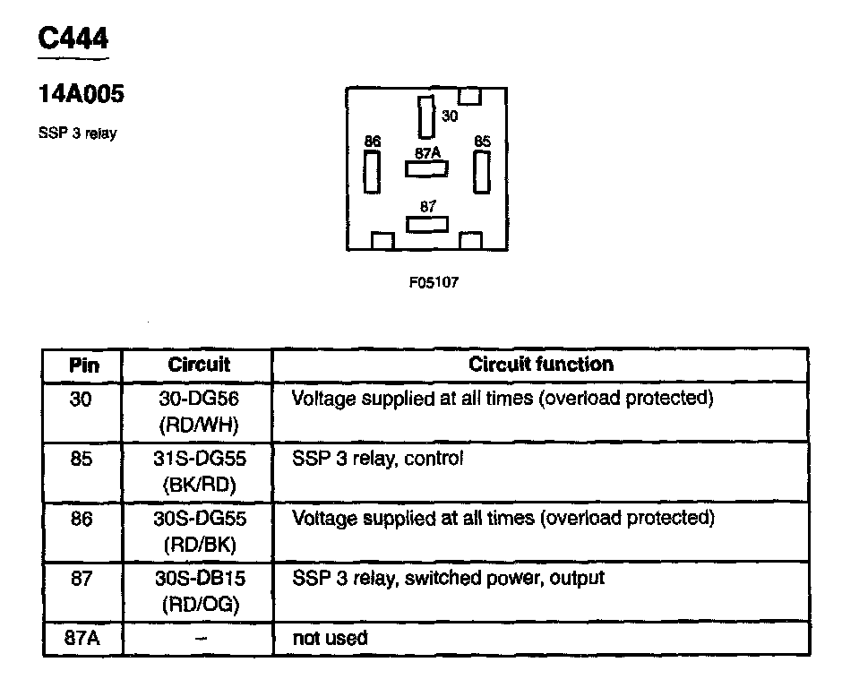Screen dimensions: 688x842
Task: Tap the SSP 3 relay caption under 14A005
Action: coord(77,133)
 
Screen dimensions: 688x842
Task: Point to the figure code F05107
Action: coord(434,282)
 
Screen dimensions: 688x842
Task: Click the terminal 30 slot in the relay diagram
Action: coord(425,116)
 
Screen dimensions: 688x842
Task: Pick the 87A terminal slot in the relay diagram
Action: coord(426,168)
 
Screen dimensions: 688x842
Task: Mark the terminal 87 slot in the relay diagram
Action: coord(426,223)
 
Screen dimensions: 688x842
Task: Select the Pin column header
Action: coord(83,365)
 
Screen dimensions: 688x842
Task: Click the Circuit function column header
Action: coord(541,365)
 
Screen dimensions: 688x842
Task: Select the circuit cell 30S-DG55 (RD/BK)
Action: coord(198,529)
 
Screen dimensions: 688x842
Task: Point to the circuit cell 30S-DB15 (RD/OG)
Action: coord(198,590)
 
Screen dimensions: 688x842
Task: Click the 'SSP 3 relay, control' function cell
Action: coord(378,460)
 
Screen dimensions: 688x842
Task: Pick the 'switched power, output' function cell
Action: coord(448,579)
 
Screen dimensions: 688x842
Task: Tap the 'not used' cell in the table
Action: coord(330,639)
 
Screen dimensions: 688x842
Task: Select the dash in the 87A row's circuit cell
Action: coord(199,638)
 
